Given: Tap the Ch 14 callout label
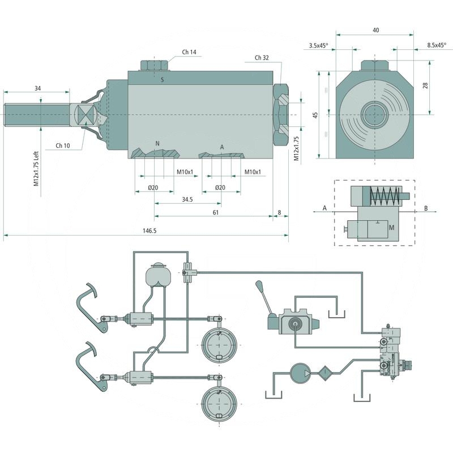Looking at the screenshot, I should [x=189, y=52].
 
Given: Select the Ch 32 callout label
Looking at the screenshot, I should [x=262, y=58].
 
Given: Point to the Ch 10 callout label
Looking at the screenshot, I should [x=63, y=146].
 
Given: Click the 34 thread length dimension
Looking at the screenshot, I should [x=37, y=88].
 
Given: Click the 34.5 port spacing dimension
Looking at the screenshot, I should [x=188, y=200].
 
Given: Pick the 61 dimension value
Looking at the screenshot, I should [x=216, y=212].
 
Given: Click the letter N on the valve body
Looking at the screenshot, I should [x=158, y=143].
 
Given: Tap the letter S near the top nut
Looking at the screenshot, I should [x=163, y=80].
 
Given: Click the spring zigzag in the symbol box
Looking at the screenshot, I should [x=383, y=197].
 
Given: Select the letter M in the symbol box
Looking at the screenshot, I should [x=391, y=227].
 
